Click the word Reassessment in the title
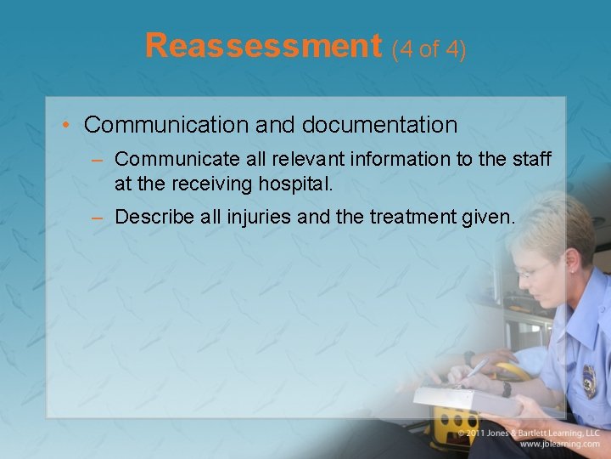pyautogui.click(x=263, y=46)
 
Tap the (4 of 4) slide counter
pyautogui.click(x=429, y=49)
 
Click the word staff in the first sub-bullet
pyautogui.click(x=532, y=159)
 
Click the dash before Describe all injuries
pyautogui.click(x=98, y=218)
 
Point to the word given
pyautogui.click(x=491, y=218)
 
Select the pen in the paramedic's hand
pyautogui.click(x=475, y=369)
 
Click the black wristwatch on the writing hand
pyautogui.click(x=507, y=388)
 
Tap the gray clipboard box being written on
pyautogui.click(x=467, y=399)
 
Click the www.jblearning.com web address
pyautogui.click(x=560, y=445)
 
